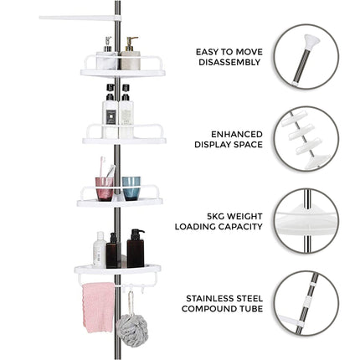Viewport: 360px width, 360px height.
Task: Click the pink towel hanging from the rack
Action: click(98, 306)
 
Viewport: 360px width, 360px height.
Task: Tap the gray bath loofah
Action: click(131, 330)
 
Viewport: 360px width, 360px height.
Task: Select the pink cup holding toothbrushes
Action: click(104, 188)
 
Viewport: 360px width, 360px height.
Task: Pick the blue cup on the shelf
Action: click(131, 188)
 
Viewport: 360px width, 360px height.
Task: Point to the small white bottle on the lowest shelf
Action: click(99, 250)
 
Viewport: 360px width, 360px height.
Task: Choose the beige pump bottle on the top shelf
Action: click(130, 56)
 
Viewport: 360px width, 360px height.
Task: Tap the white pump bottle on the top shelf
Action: click(106, 56)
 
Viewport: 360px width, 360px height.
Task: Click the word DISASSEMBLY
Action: click(230, 63)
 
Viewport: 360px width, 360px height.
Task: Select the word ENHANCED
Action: click(237, 134)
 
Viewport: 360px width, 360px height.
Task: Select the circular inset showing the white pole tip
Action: click(306, 56)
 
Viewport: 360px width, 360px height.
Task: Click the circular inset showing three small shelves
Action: click(306, 138)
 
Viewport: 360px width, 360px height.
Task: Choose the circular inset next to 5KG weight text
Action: click(306, 220)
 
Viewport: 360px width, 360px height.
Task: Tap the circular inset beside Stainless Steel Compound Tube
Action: click(306, 302)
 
